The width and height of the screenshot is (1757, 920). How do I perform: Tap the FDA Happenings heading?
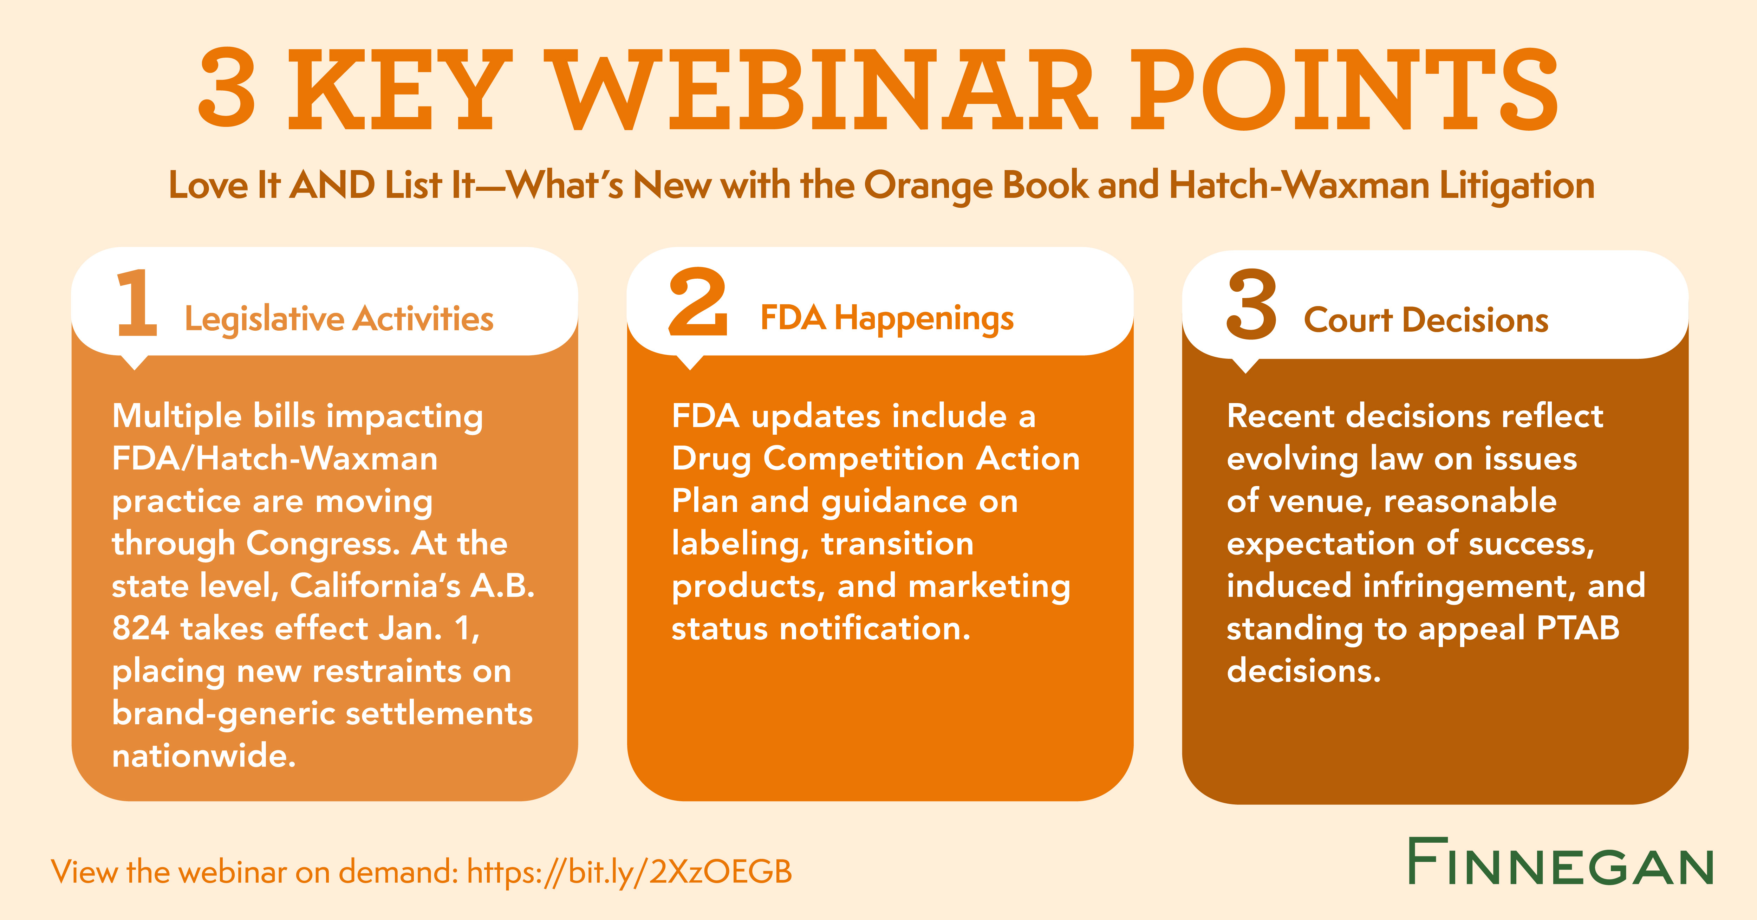pos(887,318)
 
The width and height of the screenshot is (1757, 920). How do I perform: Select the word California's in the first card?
pos(375,586)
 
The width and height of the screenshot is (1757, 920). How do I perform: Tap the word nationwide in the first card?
pos(204,756)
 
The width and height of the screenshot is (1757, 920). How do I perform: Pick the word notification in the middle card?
pos(875,628)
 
